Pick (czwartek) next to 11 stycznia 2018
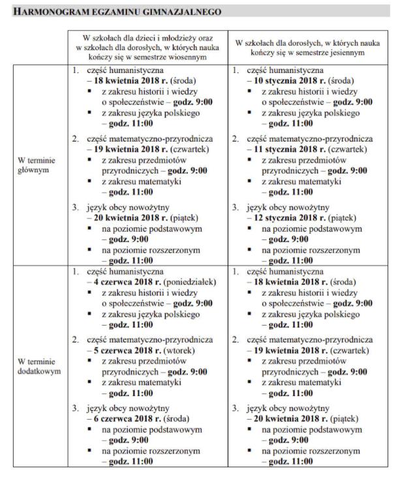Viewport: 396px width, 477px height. (x=346, y=149)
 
